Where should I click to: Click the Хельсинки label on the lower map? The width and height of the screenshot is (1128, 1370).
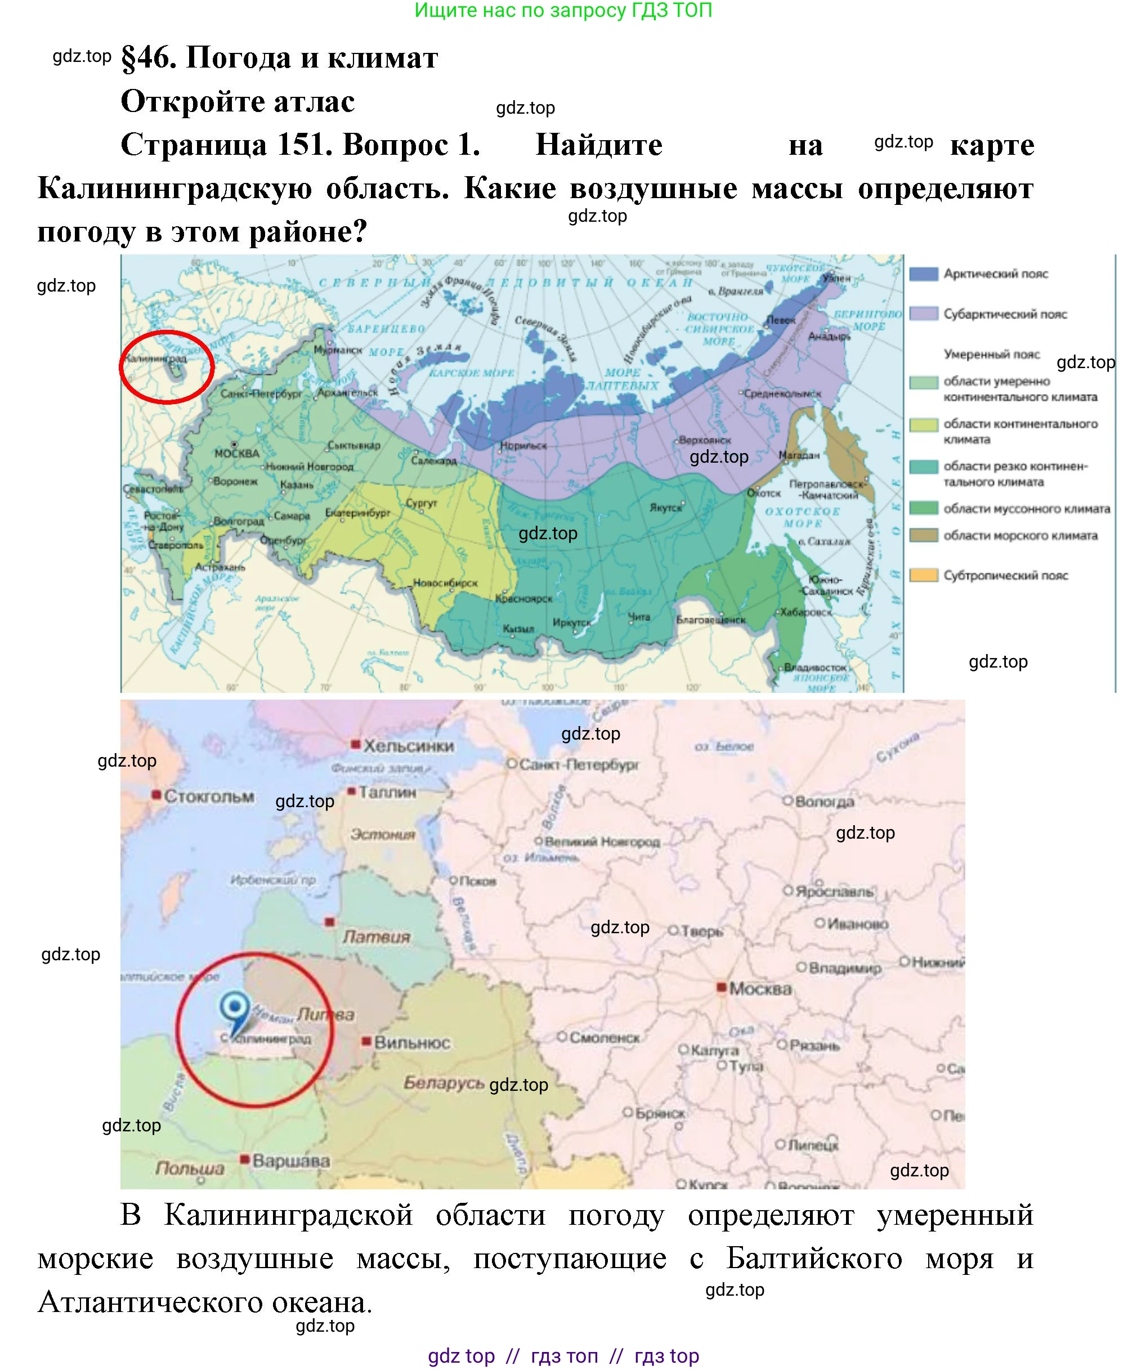408,746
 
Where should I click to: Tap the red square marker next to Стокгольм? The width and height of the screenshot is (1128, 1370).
156,794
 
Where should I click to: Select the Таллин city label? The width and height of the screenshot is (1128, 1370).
387,792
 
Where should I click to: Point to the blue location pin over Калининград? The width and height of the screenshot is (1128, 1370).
235,1009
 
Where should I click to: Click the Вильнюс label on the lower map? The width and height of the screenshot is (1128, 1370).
412,1042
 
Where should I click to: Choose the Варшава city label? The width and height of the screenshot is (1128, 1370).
290,1160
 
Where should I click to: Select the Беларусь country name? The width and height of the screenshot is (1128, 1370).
444,1083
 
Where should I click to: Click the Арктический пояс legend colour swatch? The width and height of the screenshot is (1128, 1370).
923,274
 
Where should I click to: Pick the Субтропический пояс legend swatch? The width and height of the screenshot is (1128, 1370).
923,575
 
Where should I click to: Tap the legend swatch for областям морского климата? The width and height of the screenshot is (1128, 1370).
923,535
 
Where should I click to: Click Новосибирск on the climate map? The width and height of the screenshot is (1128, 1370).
446,583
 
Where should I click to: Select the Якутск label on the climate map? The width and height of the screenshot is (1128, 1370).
666,507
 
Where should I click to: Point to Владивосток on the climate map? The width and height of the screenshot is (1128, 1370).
815,667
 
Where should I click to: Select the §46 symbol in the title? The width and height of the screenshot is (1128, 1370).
148,58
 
